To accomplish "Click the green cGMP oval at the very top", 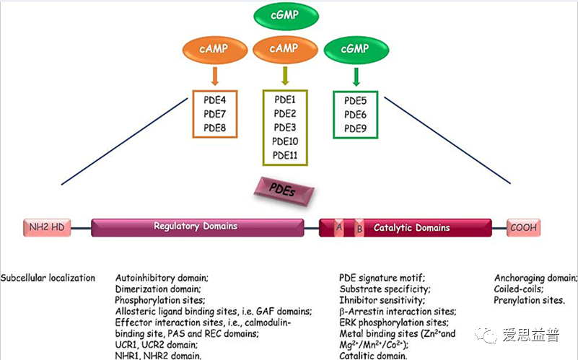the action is coord(286,15).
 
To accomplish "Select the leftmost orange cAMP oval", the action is coord(215,49).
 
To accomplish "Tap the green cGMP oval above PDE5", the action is coord(356,49).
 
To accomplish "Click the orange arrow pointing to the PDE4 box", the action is coord(215,76).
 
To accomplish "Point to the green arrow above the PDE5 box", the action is coord(356,76).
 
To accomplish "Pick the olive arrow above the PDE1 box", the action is coord(285,76).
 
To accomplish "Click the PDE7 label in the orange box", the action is coord(214,114).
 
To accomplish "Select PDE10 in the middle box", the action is coord(285,141).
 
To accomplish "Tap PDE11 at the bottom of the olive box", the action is coord(285,156).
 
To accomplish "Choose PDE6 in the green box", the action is coord(355,115).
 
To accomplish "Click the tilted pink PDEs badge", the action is coord(284,191).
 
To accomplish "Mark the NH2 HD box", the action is coord(47,227).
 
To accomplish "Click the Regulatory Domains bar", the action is coord(198,227).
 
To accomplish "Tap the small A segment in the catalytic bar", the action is coord(339,228).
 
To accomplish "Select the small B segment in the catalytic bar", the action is coord(359,229).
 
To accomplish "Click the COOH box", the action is coord(523,228).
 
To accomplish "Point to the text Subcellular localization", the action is coord(48,278).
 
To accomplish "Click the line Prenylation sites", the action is coord(530,300).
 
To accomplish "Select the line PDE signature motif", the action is coord(382,278).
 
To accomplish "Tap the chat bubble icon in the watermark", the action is coord(486,334).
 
